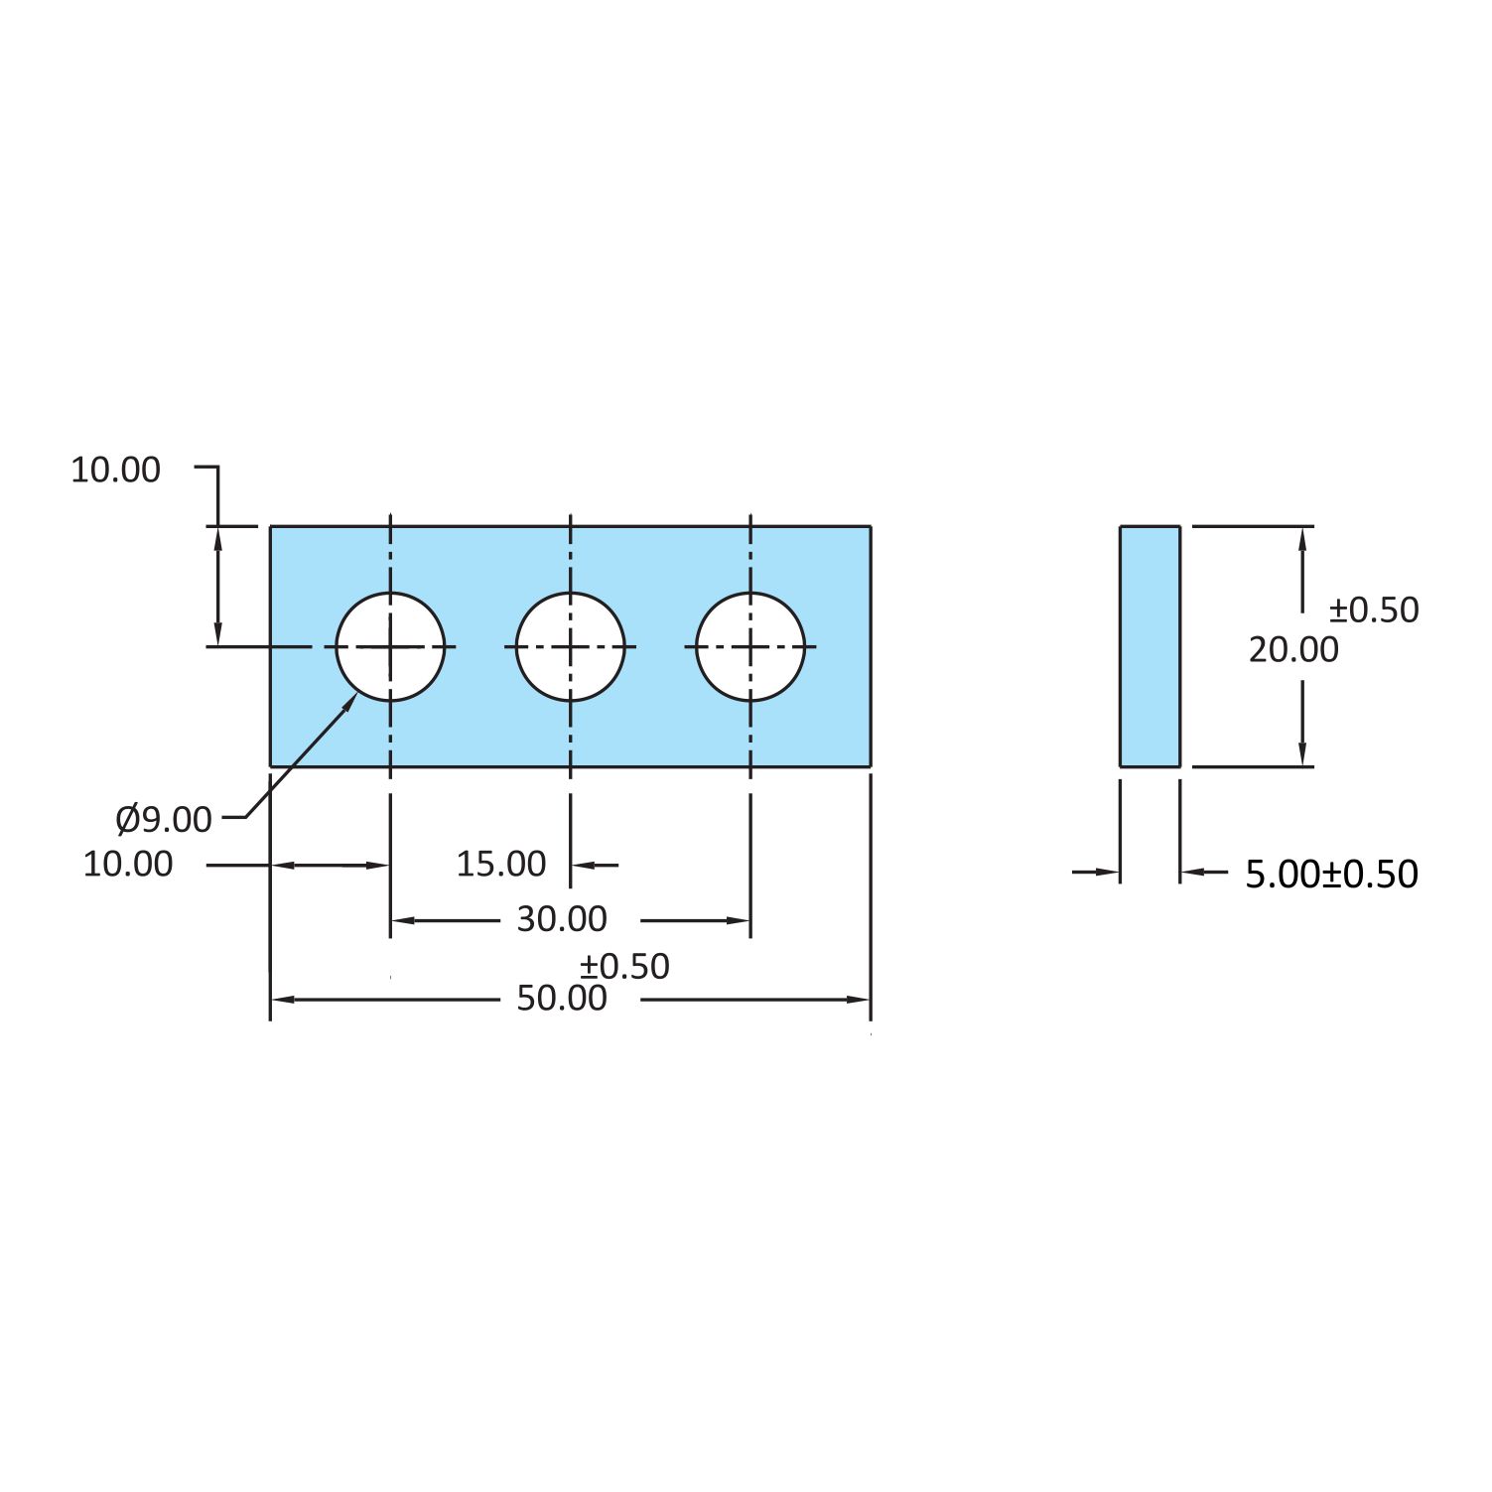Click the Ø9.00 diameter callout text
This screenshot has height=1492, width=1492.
(164, 820)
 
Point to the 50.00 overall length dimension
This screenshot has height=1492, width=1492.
(562, 999)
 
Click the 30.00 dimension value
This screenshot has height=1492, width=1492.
(562, 920)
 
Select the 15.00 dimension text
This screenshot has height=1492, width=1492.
(501, 865)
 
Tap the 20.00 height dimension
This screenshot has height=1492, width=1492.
(1293, 650)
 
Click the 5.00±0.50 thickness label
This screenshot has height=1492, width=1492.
(1331, 875)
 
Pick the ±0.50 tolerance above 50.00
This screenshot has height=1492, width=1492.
(624, 966)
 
